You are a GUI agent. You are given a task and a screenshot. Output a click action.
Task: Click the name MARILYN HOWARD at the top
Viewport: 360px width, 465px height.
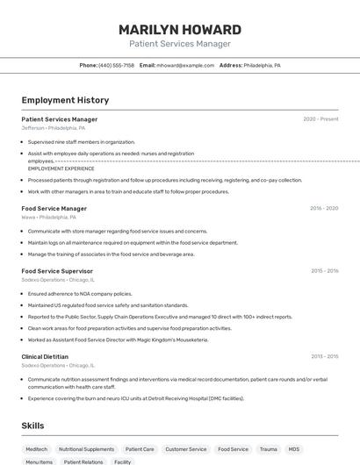pos(180,29)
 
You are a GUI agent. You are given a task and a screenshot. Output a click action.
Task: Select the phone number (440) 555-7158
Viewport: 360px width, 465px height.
pos(116,65)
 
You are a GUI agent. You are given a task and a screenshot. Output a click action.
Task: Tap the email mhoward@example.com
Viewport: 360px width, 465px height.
pos(185,65)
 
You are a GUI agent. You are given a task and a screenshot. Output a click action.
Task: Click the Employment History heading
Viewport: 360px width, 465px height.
pos(65,100)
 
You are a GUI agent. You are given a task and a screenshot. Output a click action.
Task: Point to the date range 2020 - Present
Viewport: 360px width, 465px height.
pos(320,119)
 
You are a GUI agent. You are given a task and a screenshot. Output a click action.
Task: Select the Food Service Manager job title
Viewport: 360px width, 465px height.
pos(54,209)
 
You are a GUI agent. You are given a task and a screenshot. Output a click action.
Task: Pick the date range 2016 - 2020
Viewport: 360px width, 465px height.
pos(324,209)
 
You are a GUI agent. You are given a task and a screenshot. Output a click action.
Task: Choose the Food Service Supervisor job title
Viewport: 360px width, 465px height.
pos(57,271)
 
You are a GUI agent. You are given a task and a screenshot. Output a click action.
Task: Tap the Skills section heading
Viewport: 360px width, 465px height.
pos(33,426)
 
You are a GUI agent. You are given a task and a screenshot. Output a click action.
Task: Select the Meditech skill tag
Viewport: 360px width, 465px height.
pos(37,448)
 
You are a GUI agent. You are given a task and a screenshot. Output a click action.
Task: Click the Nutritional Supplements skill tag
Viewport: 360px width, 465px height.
pos(86,448)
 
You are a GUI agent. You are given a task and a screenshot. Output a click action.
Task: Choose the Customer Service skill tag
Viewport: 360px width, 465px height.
pos(185,448)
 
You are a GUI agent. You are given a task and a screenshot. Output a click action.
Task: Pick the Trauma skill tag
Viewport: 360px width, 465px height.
pos(268,448)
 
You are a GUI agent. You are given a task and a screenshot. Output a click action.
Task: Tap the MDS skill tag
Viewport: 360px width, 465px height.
pos(294,448)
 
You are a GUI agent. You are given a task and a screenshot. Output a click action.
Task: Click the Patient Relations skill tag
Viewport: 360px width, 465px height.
pos(83,461)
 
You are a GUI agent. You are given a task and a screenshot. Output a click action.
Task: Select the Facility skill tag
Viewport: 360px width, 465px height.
pos(123,461)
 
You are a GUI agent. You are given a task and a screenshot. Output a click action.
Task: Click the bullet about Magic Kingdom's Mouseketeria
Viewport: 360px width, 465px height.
pos(118,340)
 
